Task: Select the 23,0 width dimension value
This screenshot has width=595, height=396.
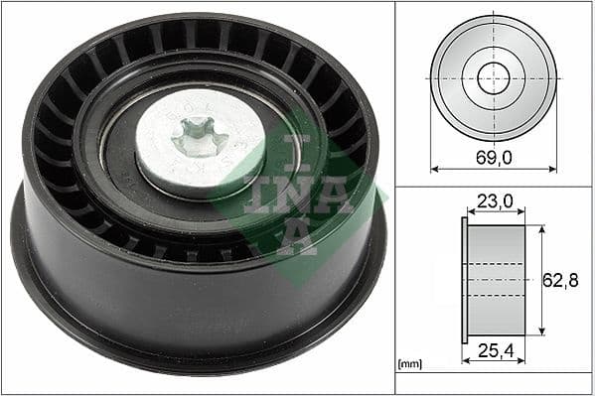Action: click(x=494, y=201)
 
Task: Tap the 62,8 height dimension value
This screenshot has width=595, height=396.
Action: click(x=560, y=281)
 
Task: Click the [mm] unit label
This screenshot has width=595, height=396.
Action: click(x=408, y=365)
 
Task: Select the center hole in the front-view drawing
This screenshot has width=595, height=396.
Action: click(x=494, y=77)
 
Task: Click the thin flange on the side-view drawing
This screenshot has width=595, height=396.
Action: click(x=464, y=281)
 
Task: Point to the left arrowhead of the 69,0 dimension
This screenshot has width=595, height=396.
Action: click(x=434, y=169)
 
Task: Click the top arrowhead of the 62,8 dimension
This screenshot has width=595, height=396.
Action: click(x=541, y=228)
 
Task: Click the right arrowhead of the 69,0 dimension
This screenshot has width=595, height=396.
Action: click(x=553, y=169)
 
